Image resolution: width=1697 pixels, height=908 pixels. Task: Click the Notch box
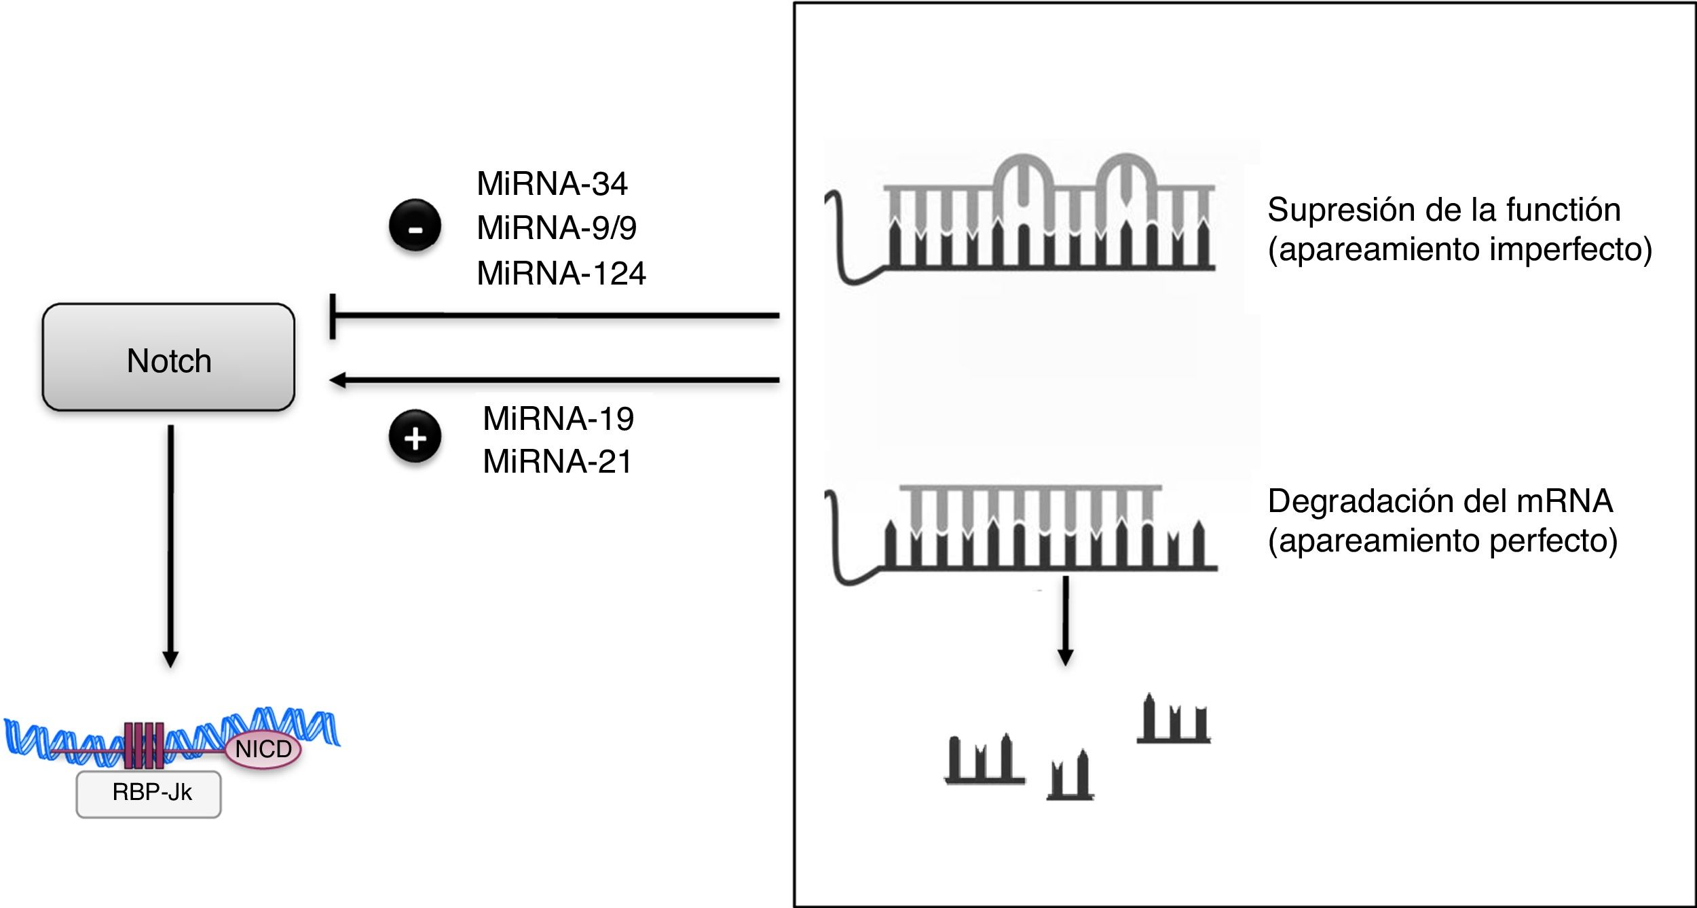(168, 357)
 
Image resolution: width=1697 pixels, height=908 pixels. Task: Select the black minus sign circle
(415, 225)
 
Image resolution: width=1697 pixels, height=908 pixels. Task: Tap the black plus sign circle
(415, 437)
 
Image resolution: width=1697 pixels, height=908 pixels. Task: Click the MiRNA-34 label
(552, 184)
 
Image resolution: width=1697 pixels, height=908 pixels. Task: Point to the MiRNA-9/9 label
(556, 228)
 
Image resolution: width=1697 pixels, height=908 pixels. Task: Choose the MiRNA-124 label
(561, 274)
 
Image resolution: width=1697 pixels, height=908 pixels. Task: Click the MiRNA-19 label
(558, 418)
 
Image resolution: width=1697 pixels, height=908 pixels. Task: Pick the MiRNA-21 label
(557, 462)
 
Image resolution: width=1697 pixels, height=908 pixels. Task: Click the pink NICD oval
(263, 749)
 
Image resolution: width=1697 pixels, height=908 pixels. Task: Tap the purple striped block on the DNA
(144, 745)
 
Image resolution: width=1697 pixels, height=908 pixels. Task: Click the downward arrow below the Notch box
(170, 543)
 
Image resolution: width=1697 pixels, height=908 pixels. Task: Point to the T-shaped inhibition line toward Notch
(333, 316)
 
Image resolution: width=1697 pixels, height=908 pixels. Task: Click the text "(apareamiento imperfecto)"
(1459, 249)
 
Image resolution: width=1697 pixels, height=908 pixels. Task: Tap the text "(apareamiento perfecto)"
(1442, 541)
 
